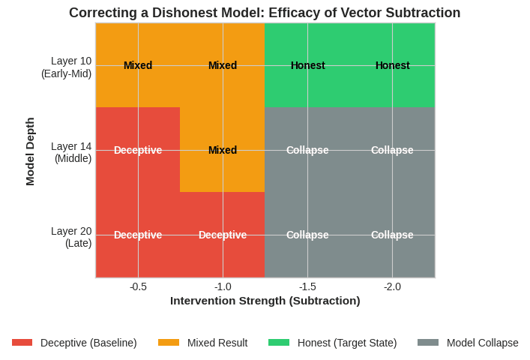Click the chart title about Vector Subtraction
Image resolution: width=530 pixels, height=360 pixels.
pos(265,13)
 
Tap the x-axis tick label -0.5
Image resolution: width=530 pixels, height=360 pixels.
pos(138,286)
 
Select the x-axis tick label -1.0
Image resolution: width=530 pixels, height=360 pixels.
pos(223,286)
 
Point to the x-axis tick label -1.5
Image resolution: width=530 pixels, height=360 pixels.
pos(307,286)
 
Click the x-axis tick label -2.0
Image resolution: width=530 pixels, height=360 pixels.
pos(392,286)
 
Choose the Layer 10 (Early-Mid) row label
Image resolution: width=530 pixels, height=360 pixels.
pos(67,67)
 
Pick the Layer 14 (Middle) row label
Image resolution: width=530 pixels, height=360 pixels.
pos(71,151)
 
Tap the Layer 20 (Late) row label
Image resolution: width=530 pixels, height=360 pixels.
pos(71,237)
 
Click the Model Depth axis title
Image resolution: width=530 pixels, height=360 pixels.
pos(30,151)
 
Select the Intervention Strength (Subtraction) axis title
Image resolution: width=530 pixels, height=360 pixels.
pos(265,301)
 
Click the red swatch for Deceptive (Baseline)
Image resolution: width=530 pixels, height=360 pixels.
pos(22,343)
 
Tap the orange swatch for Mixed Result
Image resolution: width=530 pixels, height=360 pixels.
pos(169,343)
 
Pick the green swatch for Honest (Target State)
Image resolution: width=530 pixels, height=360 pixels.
pos(279,343)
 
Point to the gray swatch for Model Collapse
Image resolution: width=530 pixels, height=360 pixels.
pos(428,343)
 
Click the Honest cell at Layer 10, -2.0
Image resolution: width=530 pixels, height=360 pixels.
pos(392,65)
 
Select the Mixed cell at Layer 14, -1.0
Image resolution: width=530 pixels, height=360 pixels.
pos(223,150)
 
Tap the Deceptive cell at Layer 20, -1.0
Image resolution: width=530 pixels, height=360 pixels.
pos(223,235)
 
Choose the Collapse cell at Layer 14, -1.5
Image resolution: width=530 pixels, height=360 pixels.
pos(307,150)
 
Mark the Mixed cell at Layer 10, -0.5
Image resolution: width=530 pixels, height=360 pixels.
pos(138,65)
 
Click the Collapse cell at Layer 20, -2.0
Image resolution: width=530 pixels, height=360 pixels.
pos(392,235)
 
